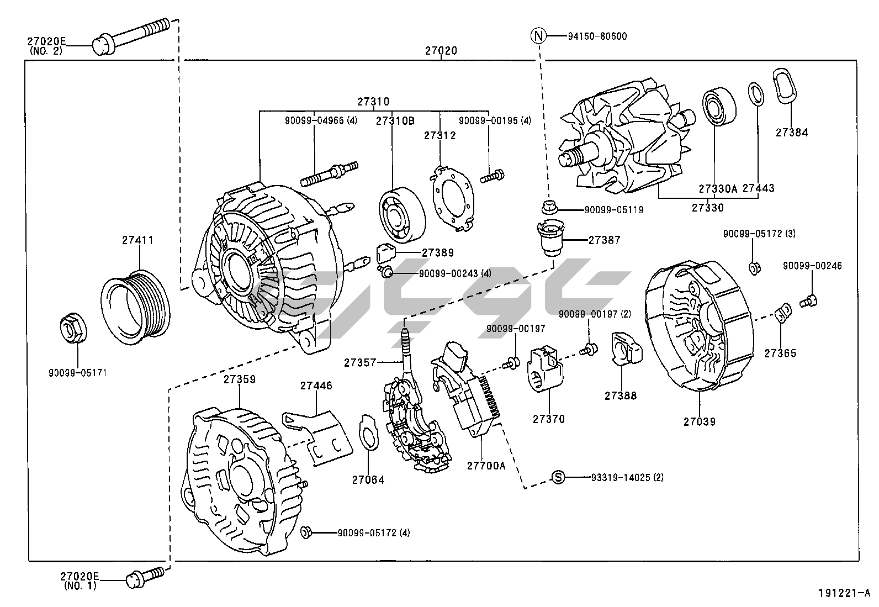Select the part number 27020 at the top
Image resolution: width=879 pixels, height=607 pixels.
[x=441, y=51]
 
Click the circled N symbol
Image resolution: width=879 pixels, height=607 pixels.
[x=538, y=36]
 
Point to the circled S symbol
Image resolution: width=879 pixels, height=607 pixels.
[x=559, y=477]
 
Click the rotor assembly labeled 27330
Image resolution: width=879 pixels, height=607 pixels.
[x=624, y=144]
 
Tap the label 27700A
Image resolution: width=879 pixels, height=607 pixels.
[x=485, y=466]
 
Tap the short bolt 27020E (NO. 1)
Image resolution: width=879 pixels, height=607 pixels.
[x=145, y=576]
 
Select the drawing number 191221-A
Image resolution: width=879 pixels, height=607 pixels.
[x=844, y=593]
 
